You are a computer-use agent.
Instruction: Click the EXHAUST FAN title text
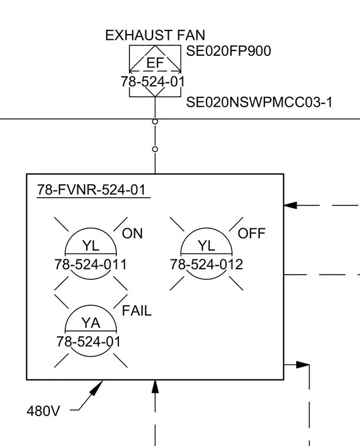point(155,35)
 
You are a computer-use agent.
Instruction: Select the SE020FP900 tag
point(229,51)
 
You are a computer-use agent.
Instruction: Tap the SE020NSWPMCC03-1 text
point(259,102)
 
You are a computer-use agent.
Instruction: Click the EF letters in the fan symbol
point(155,63)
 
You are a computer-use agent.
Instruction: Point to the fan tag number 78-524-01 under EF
point(153,82)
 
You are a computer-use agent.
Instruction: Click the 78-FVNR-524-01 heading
point(91,190)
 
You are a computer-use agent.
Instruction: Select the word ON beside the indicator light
point(132,234)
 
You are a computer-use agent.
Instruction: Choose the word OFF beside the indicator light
point(252,234)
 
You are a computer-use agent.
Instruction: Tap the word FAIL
point(137,311)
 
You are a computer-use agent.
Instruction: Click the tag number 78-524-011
point(90,265)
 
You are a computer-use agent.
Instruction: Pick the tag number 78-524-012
point(206,265)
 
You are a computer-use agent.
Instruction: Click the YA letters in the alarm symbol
point(91,323)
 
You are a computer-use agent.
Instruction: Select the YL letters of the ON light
point(91,246)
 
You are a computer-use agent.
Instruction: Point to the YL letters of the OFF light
point(206,246)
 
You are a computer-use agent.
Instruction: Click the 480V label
point(43,411)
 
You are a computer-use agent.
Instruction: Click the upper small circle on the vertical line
point(155,121)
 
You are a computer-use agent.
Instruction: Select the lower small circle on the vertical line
point(155,149)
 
